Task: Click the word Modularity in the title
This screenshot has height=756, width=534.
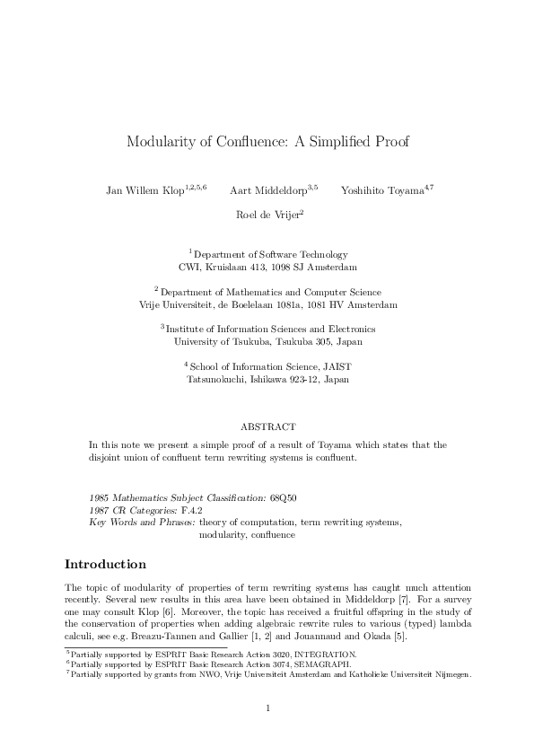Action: [159, 141]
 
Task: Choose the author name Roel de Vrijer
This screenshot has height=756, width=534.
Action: [267, 215]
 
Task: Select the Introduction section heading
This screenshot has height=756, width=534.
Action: [105, 565]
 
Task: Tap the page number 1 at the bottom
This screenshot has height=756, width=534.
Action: [268, 708]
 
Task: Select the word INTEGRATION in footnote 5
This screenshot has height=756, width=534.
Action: [326, 655]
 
